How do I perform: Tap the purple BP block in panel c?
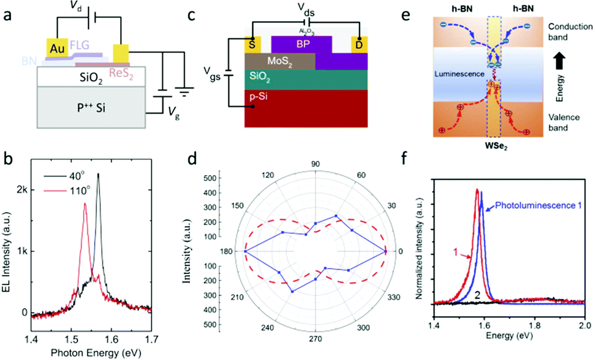[x=303, y=44]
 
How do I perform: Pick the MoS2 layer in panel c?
[x=280, y=61]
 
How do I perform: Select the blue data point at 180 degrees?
[x=245, y=251]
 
